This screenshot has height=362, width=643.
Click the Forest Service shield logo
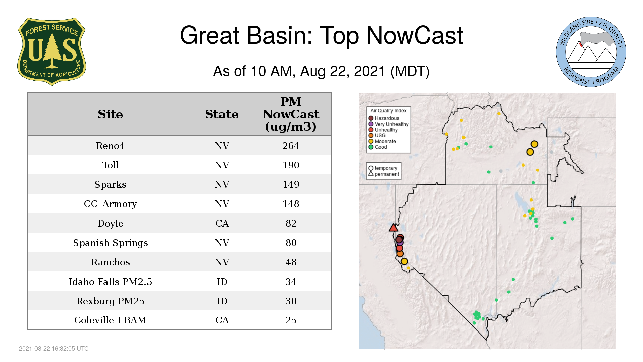tap(52, 52)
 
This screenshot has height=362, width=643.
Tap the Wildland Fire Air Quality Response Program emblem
tap(591, 52)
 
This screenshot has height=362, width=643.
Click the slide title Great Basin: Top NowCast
tap(321, 35)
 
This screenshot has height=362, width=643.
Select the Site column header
tap(110, 114)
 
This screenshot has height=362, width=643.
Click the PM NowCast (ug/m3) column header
tap(291, 114)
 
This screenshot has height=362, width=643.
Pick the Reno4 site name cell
tap(110, 146)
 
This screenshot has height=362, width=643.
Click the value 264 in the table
tap(291, 146)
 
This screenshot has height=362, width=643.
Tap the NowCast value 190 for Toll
tap(291, 165)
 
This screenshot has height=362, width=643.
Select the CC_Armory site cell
tap(110, 204)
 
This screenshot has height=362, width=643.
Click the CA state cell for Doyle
tap(222, 223)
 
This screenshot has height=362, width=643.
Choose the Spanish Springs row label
tap(110, 243)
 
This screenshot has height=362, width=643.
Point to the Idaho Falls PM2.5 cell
tap(110, 282)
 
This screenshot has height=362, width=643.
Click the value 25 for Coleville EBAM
tap(291, 320)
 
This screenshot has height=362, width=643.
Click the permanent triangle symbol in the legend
tap(371, 174)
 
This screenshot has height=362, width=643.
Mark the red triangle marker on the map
tap(393, 228)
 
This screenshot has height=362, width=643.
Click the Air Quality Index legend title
tap(388, 111)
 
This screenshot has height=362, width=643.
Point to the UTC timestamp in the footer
tap(54, 349)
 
